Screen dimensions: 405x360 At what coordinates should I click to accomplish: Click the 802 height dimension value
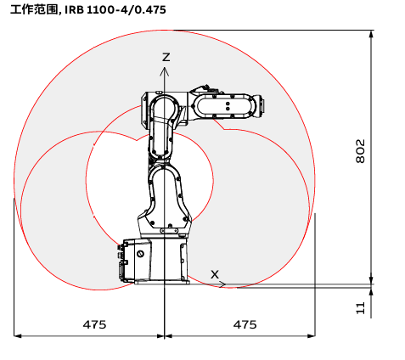click(x=360, y=151)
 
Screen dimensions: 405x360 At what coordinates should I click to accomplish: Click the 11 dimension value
click(x=360, y=308)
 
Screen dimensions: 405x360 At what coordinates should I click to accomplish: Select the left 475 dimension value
click(x=94, y=324)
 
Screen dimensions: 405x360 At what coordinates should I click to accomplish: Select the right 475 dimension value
click(x=245, y=324)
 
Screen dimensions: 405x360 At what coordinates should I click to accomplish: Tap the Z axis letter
click(x=166, y=57)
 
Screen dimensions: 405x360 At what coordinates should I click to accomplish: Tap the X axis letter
click(x=215, y=274)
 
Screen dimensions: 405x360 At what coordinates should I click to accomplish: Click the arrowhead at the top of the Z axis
click(x=165, y=71)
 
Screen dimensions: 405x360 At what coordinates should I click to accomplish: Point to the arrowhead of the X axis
click(x=222, y=284)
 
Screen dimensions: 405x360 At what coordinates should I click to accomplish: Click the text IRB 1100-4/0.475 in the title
click(x=115, y=10)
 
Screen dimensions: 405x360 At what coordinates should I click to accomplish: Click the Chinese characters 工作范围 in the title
click(x=34, y=10)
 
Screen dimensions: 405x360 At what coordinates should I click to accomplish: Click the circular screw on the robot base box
click(x=140, y=254)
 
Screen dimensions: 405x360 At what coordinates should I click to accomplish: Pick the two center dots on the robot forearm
click(x=228, y=106)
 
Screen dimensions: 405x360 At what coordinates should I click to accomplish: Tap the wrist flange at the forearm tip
click(x=261, y=106)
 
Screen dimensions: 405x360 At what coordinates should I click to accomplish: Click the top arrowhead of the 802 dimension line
click(x=371, y=34)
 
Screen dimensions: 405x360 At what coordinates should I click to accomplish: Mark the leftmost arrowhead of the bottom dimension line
click(x=18, y=336)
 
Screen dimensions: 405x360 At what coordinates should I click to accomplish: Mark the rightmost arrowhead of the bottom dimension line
click(x=311, y=336)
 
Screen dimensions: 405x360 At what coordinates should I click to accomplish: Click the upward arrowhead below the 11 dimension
click(x=371, y=292)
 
